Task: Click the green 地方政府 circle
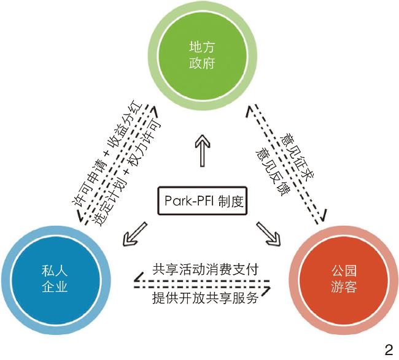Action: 199,53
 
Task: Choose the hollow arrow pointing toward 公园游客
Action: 266,231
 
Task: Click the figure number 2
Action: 388,350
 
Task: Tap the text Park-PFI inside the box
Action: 186,201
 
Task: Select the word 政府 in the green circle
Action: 199,63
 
